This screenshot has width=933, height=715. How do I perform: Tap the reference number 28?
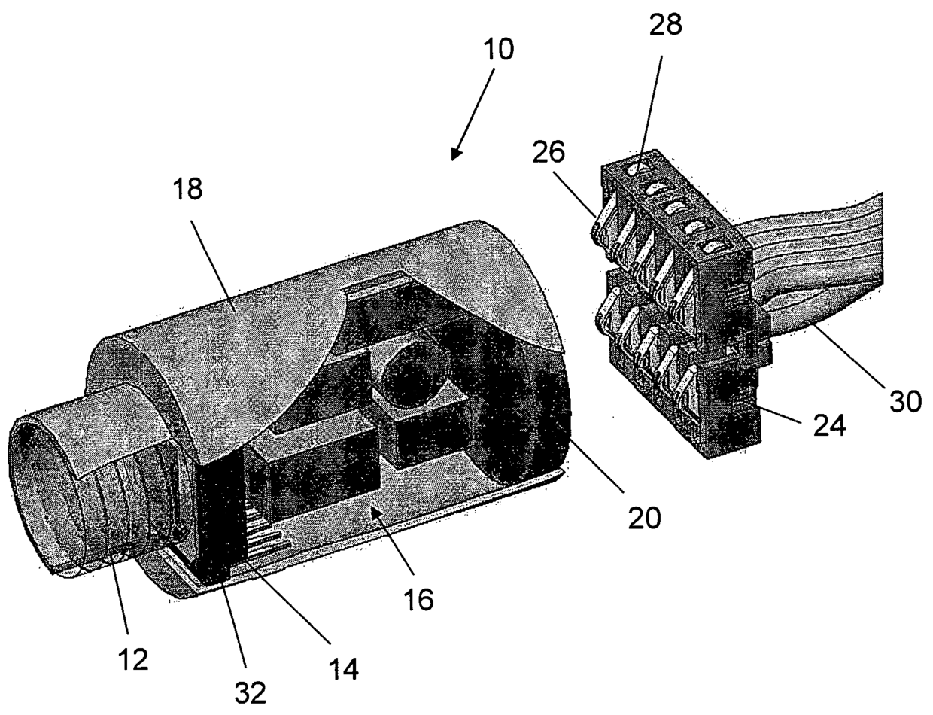(666, 24)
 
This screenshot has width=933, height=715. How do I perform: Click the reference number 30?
(905, 402)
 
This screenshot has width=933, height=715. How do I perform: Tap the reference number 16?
(418, 600)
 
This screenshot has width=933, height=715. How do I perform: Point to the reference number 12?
(132, 658)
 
